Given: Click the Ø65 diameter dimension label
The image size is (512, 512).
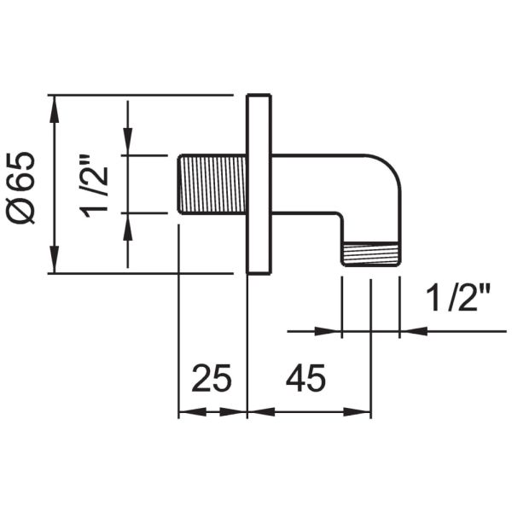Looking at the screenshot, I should pos(24,186).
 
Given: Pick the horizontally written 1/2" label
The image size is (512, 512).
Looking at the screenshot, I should pos(457,300).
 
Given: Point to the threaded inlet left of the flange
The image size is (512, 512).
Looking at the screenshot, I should pos(212,183).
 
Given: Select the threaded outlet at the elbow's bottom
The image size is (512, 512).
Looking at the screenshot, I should pos(369,254).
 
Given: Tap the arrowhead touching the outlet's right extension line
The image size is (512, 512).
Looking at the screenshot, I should pos(410,330).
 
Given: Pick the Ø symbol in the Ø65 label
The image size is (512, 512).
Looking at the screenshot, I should pos(24,213).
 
